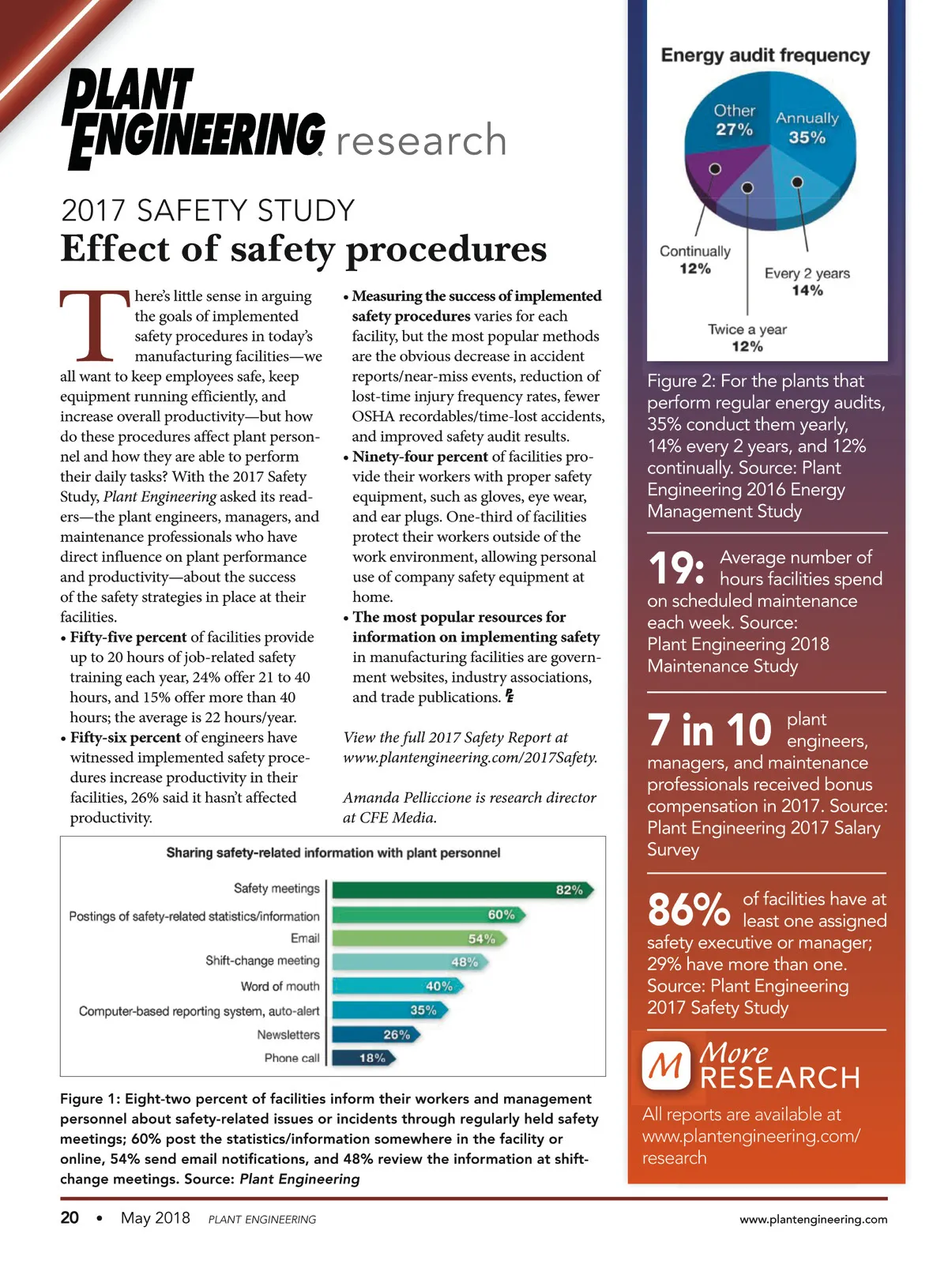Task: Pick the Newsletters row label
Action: coord(288,1035)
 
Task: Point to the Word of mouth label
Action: coord(280,987)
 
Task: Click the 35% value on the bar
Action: coord(423,1010)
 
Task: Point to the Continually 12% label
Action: coord(695,260)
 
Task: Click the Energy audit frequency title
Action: coord(766,55)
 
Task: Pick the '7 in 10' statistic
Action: coord(709,730)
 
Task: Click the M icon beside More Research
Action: coord(666,1066)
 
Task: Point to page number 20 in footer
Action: coord(70,1217)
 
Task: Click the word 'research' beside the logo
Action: coord(421,141)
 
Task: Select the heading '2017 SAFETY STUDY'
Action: coord(208,211)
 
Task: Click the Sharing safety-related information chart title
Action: coord(333,853)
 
